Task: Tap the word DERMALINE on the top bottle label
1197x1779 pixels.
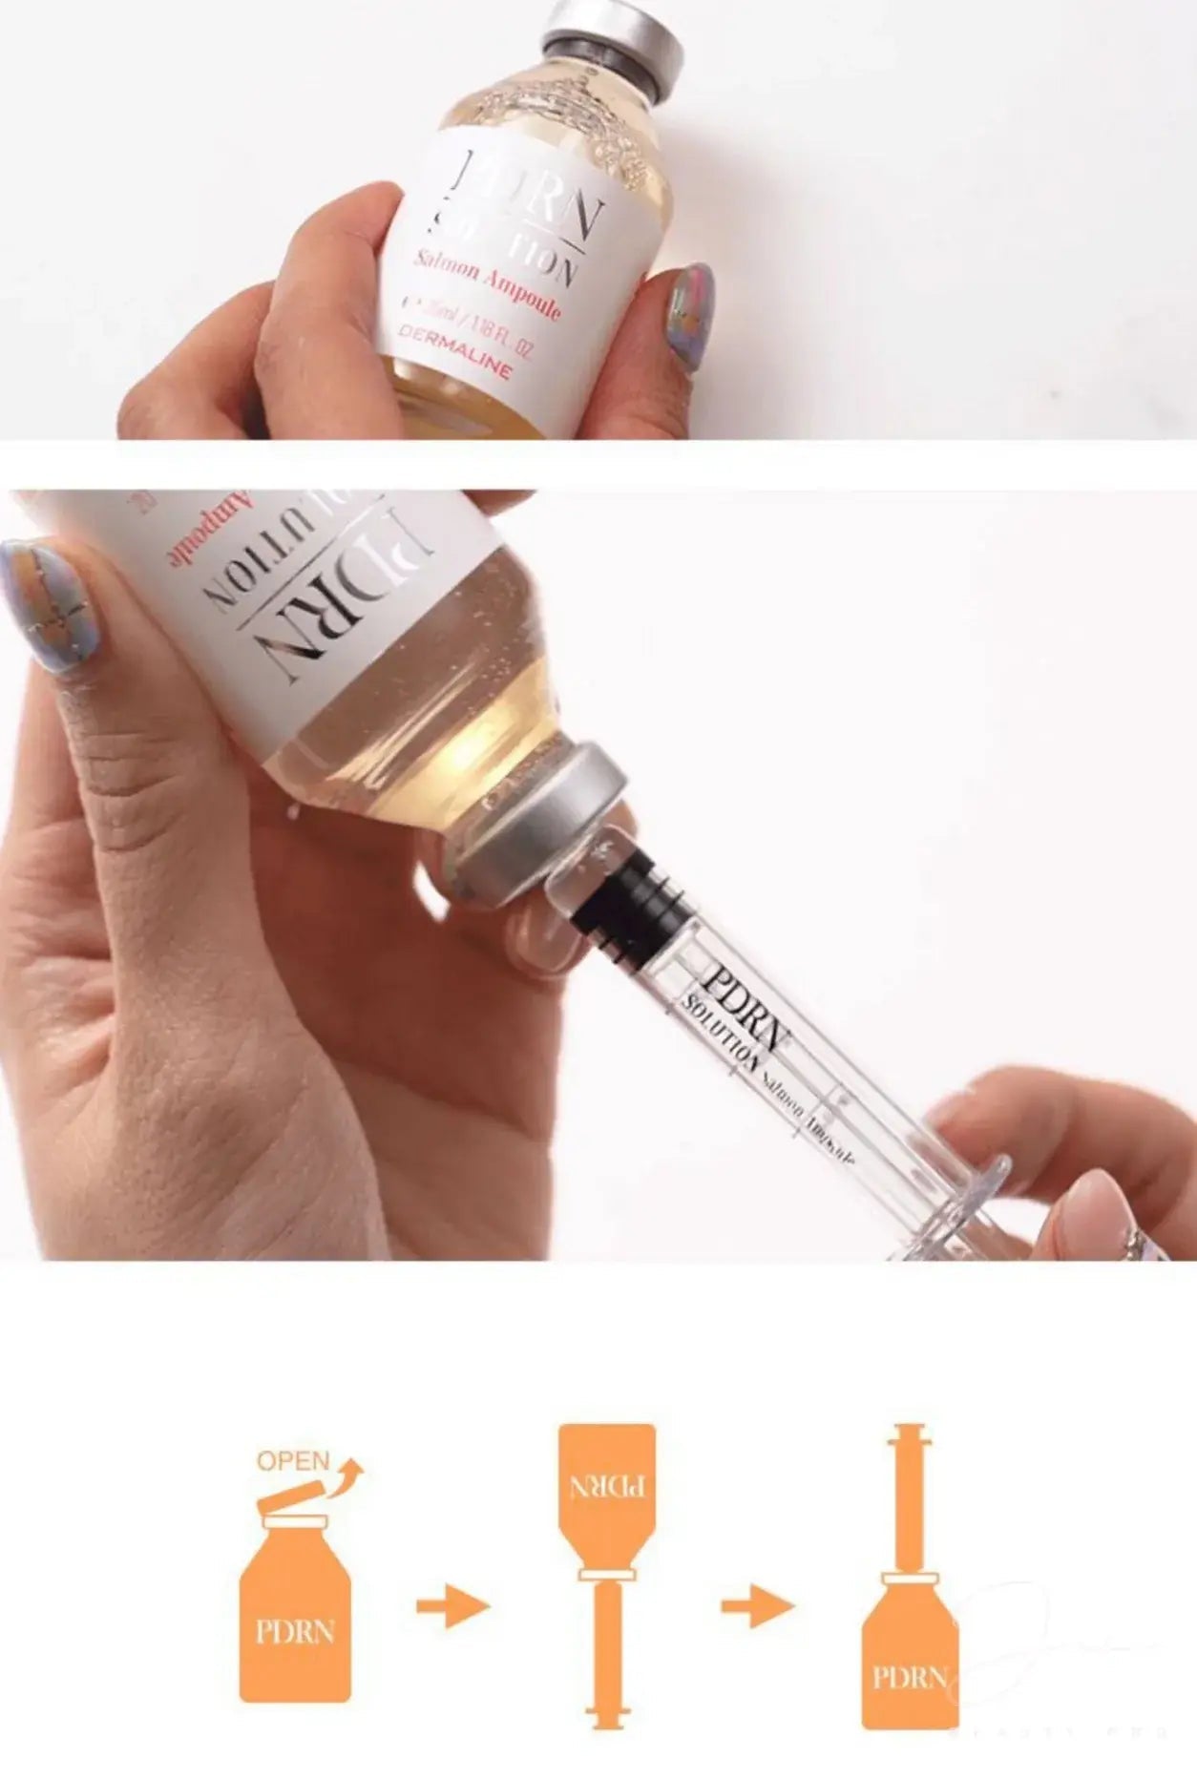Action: [x=454, y=350]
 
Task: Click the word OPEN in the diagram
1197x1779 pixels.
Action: [x=293, y=1461]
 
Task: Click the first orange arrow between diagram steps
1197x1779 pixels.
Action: [x=452, y=1606]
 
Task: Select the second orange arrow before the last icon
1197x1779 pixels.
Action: [x=757, y=1606]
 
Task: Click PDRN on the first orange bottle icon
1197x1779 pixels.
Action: [x=295, y=1631]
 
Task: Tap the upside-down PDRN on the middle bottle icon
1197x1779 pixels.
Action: [x=607, y=1485]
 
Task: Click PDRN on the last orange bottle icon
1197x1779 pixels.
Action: [x=909, y=1676]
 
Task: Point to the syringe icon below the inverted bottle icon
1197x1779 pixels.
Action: [x=607, y=1651]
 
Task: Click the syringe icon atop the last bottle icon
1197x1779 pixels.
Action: [x=909, y=1498]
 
